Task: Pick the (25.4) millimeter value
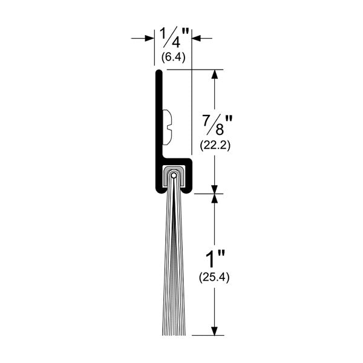tap(214, 278)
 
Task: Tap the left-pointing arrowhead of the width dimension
tap(197, 39)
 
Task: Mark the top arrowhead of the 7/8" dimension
tap(214, 74)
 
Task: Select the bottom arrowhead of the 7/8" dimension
tap(214, 189)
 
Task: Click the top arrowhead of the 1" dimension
tap(214, 198)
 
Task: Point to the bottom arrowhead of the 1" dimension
tap(214, 330)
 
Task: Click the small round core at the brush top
tap(174, 176)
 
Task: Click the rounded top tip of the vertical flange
tap(159, 73)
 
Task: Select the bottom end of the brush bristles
tap(174, 333)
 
